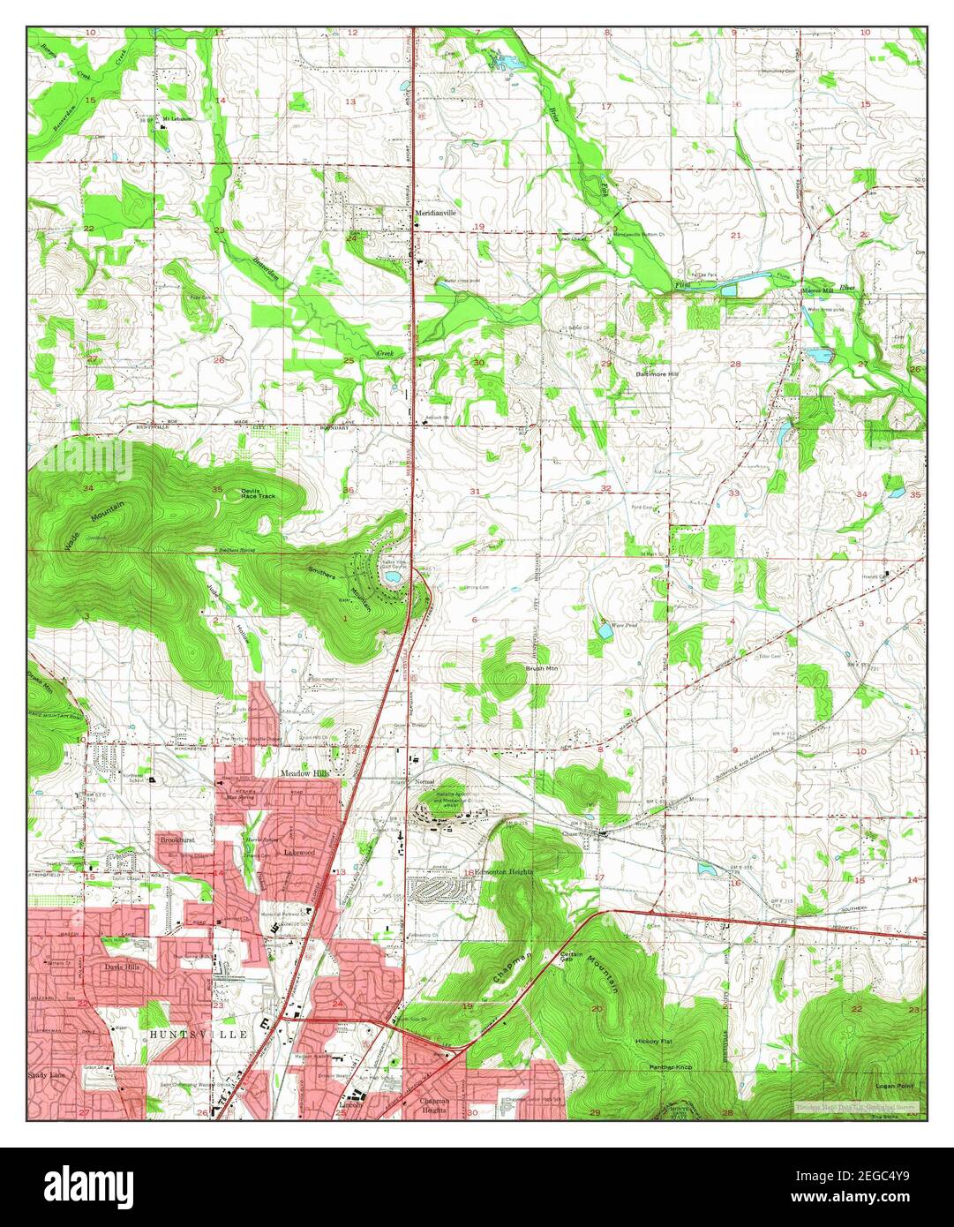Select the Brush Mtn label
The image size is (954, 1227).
point(537,670)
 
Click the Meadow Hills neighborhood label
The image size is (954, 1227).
point(304,773)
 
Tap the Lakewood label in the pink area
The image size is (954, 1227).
point(300,853)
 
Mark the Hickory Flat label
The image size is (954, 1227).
point(654,1042)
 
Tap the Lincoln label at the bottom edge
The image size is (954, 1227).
point(352,1105)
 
